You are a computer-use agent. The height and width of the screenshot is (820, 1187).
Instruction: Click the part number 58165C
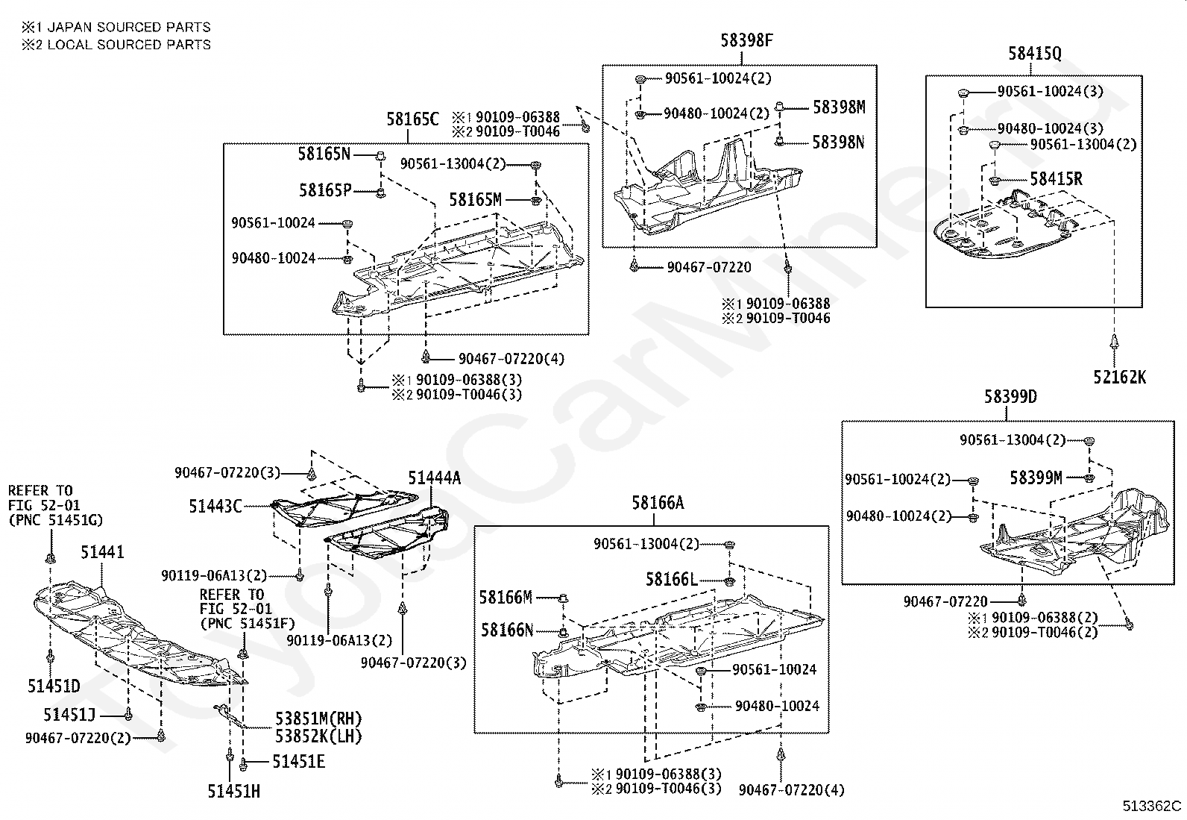(x=412, y=119)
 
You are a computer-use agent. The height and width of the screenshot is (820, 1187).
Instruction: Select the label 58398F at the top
(x=746, y=41)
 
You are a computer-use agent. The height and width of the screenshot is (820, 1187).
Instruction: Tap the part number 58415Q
(x=1034, y=53)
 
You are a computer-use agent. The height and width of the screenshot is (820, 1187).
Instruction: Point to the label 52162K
(x=1120, y=378)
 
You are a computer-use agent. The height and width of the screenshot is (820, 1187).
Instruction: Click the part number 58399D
(x=1010, y=397)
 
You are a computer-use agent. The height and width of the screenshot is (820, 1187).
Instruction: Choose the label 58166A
(x=658, y=503)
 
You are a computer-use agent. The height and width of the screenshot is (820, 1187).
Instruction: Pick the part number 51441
(x=102, y=553)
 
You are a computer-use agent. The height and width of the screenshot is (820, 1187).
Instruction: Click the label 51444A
(x=434, y=478)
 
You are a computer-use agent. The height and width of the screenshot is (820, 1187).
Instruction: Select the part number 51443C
(x=215, y=507)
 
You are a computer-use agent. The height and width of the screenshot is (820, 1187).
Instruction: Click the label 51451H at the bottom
(x=233, y=792)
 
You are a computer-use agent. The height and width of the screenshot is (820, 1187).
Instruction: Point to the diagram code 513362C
(x=1152, y=806)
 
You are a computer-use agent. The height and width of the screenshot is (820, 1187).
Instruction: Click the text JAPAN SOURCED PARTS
(x=128, y=27)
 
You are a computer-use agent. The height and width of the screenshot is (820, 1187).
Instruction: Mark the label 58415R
(x=1056, y=179)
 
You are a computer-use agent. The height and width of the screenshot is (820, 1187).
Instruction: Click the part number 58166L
(x=672, y=580)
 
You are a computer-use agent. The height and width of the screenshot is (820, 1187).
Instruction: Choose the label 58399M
(x=1036, y=478)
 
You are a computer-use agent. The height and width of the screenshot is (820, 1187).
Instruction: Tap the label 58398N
(x=838, y=142)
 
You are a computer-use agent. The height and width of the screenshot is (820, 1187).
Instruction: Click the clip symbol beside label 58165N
(x=379, y=155)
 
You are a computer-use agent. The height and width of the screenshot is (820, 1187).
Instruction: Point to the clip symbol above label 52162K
(x=1114, y=342)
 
